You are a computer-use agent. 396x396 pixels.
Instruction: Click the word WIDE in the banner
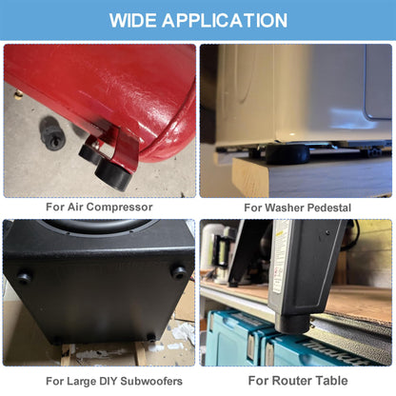[x=132, y=21]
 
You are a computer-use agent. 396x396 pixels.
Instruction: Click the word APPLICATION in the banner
[x=225, y=21]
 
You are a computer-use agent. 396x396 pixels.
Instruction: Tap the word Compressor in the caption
[x=119, y=208]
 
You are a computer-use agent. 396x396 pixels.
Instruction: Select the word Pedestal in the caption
[x=329, y=208]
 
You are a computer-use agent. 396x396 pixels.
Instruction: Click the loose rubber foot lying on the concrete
[x=52, y=134]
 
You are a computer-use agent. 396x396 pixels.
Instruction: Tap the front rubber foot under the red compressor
[x=113, y=175]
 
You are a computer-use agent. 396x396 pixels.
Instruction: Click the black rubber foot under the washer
[x=287, y=154]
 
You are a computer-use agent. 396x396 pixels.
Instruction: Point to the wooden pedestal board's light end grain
[x=250, y=178]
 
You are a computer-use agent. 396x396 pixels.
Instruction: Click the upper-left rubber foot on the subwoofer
[x=25, y=277]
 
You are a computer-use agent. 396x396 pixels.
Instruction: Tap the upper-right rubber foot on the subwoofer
[x=179, y=272]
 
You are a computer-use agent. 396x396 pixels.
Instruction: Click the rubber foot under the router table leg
[x=292, y=325]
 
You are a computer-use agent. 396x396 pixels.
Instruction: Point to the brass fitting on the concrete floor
[x=19, y=94]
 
